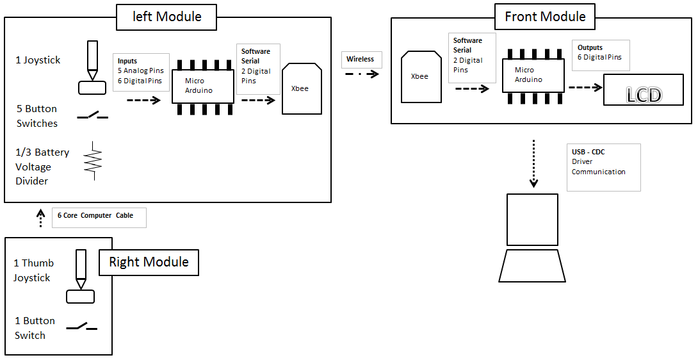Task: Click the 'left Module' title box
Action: click(167, 17)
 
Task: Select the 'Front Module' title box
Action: click(545, 17)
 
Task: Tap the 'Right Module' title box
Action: click(149, 262)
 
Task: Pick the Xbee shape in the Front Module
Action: click(420, 77)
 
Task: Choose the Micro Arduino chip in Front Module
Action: click(533, 75)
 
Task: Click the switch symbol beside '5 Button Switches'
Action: click(93, 116)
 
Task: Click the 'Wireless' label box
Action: click(361, 60)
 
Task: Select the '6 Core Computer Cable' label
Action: click(99, 217)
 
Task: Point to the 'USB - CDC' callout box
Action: click(603, 167)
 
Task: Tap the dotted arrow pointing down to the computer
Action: click(533, 165)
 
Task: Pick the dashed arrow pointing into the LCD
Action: click(584, 87)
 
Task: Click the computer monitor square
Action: click(532, 219)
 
